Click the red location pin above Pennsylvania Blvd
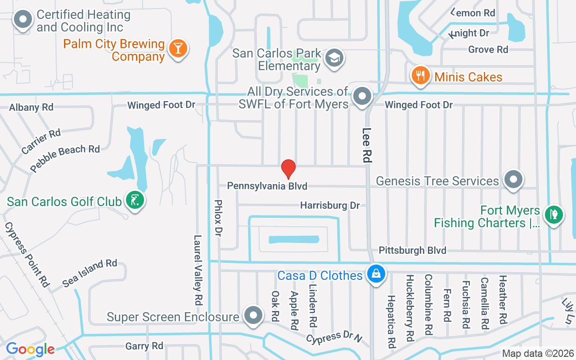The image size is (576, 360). [x=288, y=169]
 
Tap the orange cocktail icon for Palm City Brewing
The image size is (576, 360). [x=178, y=49]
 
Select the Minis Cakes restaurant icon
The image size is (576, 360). [x=421, y=76]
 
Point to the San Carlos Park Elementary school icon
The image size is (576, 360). [x=334, y=58]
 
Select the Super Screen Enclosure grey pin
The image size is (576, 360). [x=252, y=315]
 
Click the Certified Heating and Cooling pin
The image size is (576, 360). [x=22, y=20]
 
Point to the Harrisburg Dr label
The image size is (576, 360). [x=330, y=206]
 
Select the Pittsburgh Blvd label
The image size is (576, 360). [x=412, y=250]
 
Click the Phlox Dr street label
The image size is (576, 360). [x=219, y=218]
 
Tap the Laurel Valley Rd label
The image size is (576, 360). [x=198, y=270]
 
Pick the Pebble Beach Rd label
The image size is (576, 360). [x=65, y=158]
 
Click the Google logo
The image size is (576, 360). [x=30, y=349]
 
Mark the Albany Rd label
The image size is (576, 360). [x=31, y=107]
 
